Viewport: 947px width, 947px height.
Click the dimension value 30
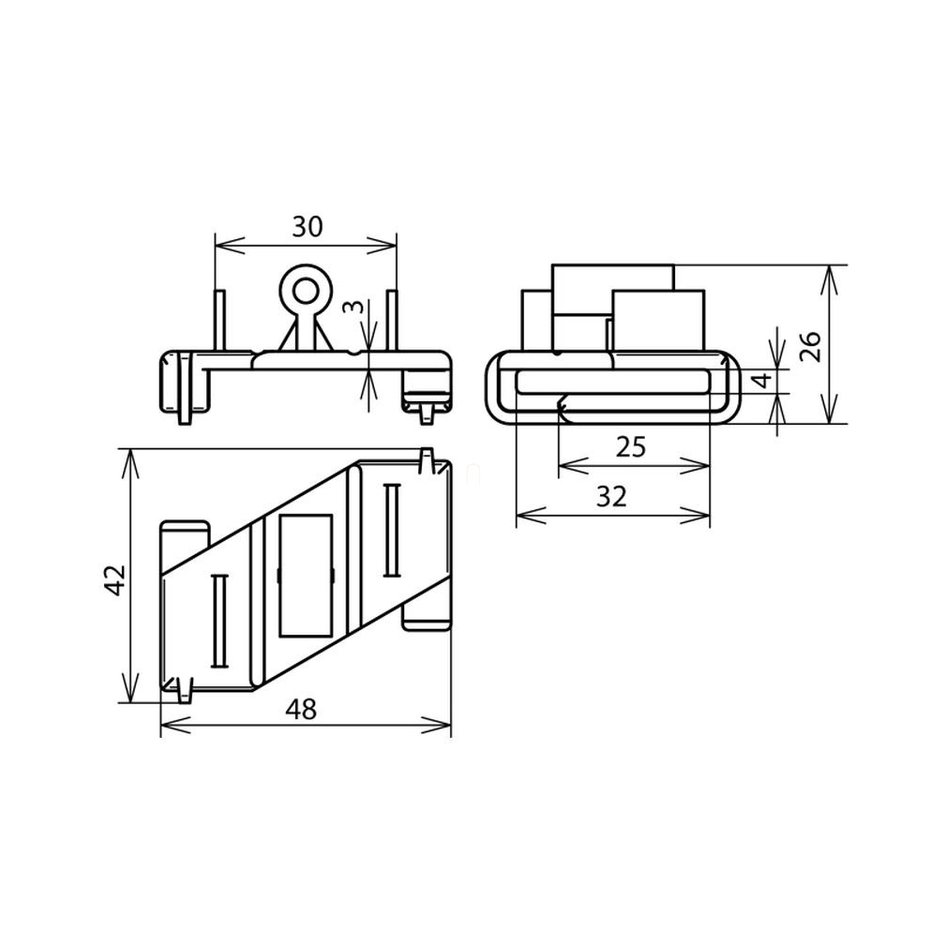pos(308,227)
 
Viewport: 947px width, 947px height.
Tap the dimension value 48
pos(301,709)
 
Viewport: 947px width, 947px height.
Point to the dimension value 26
pos(810,346)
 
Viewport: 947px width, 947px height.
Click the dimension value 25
pos(631,447)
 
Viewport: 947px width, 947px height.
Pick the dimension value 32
pos(612,496)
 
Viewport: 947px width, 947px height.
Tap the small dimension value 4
pos(764,380)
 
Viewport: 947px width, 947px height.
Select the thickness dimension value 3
pos(357,308)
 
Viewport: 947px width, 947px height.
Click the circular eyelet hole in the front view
pos(306,292)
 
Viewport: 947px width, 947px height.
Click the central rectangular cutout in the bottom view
pos(307,576)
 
